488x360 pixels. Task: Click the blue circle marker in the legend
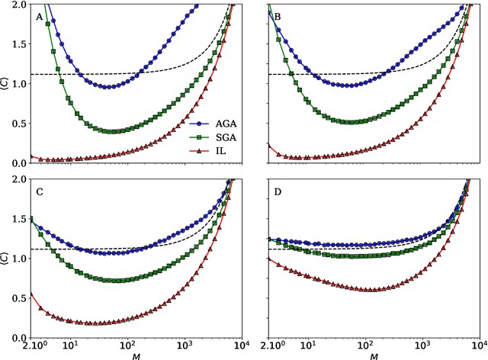[199, 121]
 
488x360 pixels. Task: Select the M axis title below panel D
[373, 355]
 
